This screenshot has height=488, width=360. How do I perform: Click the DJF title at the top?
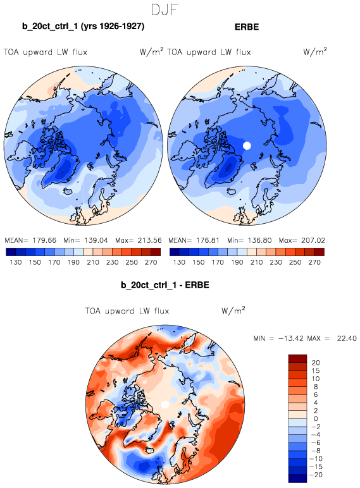[x=164, y=9]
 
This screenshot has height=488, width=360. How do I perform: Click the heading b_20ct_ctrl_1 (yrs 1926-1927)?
[x=83, y=26]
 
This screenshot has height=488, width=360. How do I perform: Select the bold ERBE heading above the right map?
[x=247, y=27]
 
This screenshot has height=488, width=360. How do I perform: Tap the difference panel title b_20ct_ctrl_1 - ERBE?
[x=164, y=285]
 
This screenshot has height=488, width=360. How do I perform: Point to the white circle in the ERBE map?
[x=247, y=145]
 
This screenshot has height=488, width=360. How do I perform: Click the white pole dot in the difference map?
[x=165, y=405]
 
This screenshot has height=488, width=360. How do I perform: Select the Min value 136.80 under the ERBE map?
[x=260, y=240]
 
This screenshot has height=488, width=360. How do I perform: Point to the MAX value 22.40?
[x=347, y=338]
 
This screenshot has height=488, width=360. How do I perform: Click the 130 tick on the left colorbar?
[x=16, y=262]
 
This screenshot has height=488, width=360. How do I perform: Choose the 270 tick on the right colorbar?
[x=314, y=262]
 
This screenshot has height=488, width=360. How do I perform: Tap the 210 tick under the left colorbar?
[x=93, y=262]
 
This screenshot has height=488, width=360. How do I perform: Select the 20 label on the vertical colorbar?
[x=316, y=363]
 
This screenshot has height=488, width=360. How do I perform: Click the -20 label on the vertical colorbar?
[x=316, y=475]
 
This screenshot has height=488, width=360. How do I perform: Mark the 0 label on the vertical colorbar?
[x=316, y=418]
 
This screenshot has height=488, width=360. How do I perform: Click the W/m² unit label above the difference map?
[x=233, y=310]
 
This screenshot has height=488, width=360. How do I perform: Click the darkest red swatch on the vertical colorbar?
[x=298, y=358]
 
